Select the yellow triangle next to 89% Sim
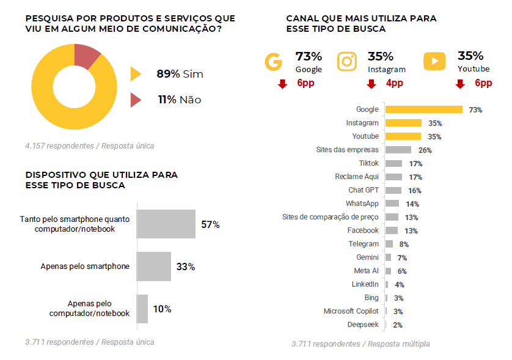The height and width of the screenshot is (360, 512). pyautogui.click(x=136, y=74)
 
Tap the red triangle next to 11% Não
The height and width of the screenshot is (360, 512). pyautogui.click(x=136, y=99)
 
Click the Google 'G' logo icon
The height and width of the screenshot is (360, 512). pyautogui.click(x=273, y=62)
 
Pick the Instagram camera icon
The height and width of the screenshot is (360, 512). pyautogui.click(x=347, y=62)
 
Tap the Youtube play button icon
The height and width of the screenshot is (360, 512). pyautogui.click(x=434, y=61)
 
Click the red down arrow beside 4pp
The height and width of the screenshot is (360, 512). pyautogui.click(x=371, y=84)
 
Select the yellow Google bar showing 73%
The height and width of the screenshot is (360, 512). pyautogui.click(x=423, y=109)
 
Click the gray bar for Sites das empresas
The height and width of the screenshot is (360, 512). pyautogui.click(x=398, y=150)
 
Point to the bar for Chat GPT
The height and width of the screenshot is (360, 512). pyautogui.click(x=393, y=190)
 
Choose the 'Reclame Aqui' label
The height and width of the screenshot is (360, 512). pyautogui.click(x=357, y=177)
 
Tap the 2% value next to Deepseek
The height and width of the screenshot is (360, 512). pyautogui.click(x=398, y=325)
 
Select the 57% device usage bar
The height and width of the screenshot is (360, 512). pyautogui.click(x=166, y=224)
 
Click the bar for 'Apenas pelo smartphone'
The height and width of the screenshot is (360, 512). pyautogui.click(x=153, y=266)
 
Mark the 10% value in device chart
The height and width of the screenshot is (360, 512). pyautogui.click(x=162, y=309)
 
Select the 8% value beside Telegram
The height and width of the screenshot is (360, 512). pyautogui.click(x=403, y=244)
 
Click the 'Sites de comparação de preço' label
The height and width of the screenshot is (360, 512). pyautogui.click(x=330, y=217)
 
